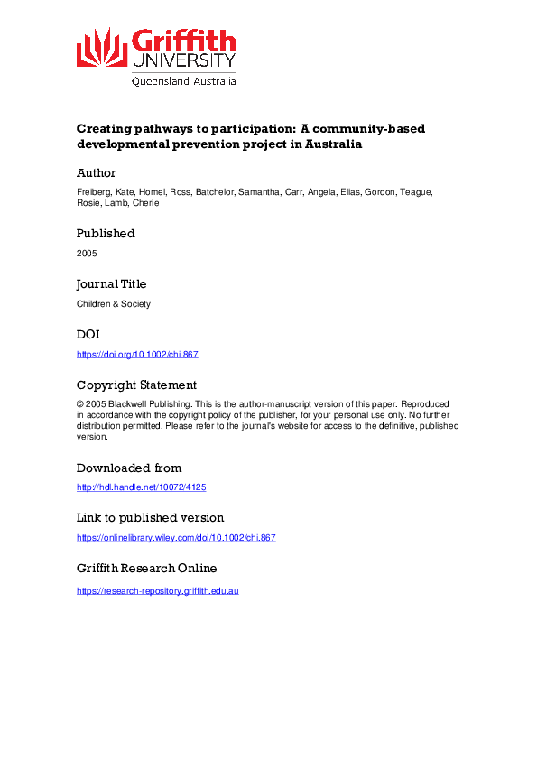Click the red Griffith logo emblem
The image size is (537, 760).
pyautogui.click(x=102, y=47)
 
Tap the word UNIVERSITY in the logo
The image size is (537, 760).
pyautogui.click(x=184, y=60)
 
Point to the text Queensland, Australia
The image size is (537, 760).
pyautogui.click(x=184, y=80)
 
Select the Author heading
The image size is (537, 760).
pyautogui.click(x=96, y=173)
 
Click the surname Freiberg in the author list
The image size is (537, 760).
pyautogui.click(x=93, y=193)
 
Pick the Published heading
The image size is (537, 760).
pyautogui.click(x=106, y=233)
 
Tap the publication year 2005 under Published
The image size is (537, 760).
pyautogui.click(x=87, y=253)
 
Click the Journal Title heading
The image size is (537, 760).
pyautogui.click(x=111, y=283)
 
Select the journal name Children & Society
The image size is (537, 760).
pyautogui.click(x=114, y=303)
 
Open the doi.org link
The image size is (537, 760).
pyautogui.click(x=137, y=354)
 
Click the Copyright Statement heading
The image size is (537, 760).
pyautogui.click(x=136, y=385)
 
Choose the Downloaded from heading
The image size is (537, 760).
pyautogui.click(x=129, y=468)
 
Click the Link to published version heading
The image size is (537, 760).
pyautogui.click(x=150, y=518)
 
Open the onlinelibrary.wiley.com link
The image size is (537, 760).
pyautogui.click(x=176, y=538)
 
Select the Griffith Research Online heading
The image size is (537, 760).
pyautogui.click(x=146, y=569)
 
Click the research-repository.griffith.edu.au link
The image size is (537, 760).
pyautogui.click(x=158, y=590)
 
